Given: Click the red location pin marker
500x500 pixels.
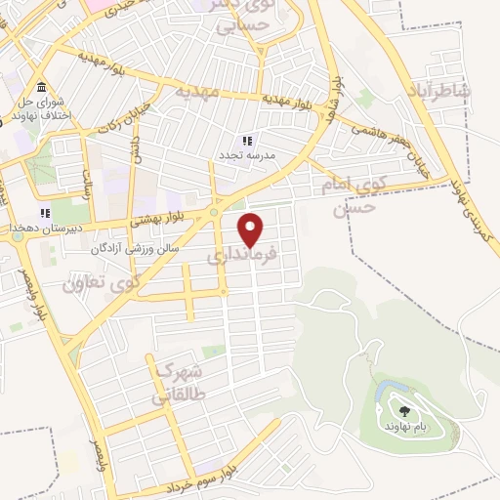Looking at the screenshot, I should click(251, 229).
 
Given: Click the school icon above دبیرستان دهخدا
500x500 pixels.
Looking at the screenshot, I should click(43, 213).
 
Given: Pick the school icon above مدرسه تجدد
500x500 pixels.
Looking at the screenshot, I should click(247, 142).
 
